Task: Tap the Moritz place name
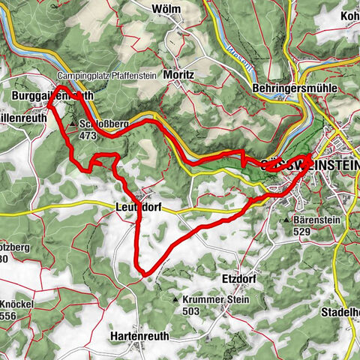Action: (176, 76)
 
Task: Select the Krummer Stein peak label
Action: (205, 299)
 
